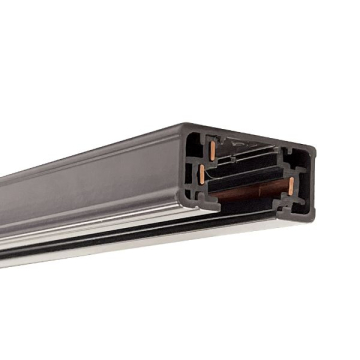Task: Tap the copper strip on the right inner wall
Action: coord(291,185)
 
